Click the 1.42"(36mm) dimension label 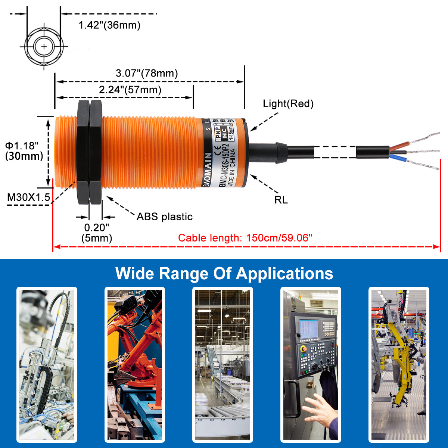[109, 25]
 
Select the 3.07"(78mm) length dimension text [146, 73]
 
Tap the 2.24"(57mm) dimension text [130, 90]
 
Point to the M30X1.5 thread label [28, 197]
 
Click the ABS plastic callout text [164, 217]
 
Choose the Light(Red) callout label [288, 104]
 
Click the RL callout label [281, 200]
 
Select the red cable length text [245, 238]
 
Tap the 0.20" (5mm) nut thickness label [97, 233]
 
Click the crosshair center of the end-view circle [44, 47]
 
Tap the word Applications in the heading [284, 274]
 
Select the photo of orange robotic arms [135, 364]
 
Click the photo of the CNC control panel [311, 364]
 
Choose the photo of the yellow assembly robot [399, 364]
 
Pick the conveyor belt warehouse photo [223, 364]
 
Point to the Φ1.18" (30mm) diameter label [24, 151]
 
